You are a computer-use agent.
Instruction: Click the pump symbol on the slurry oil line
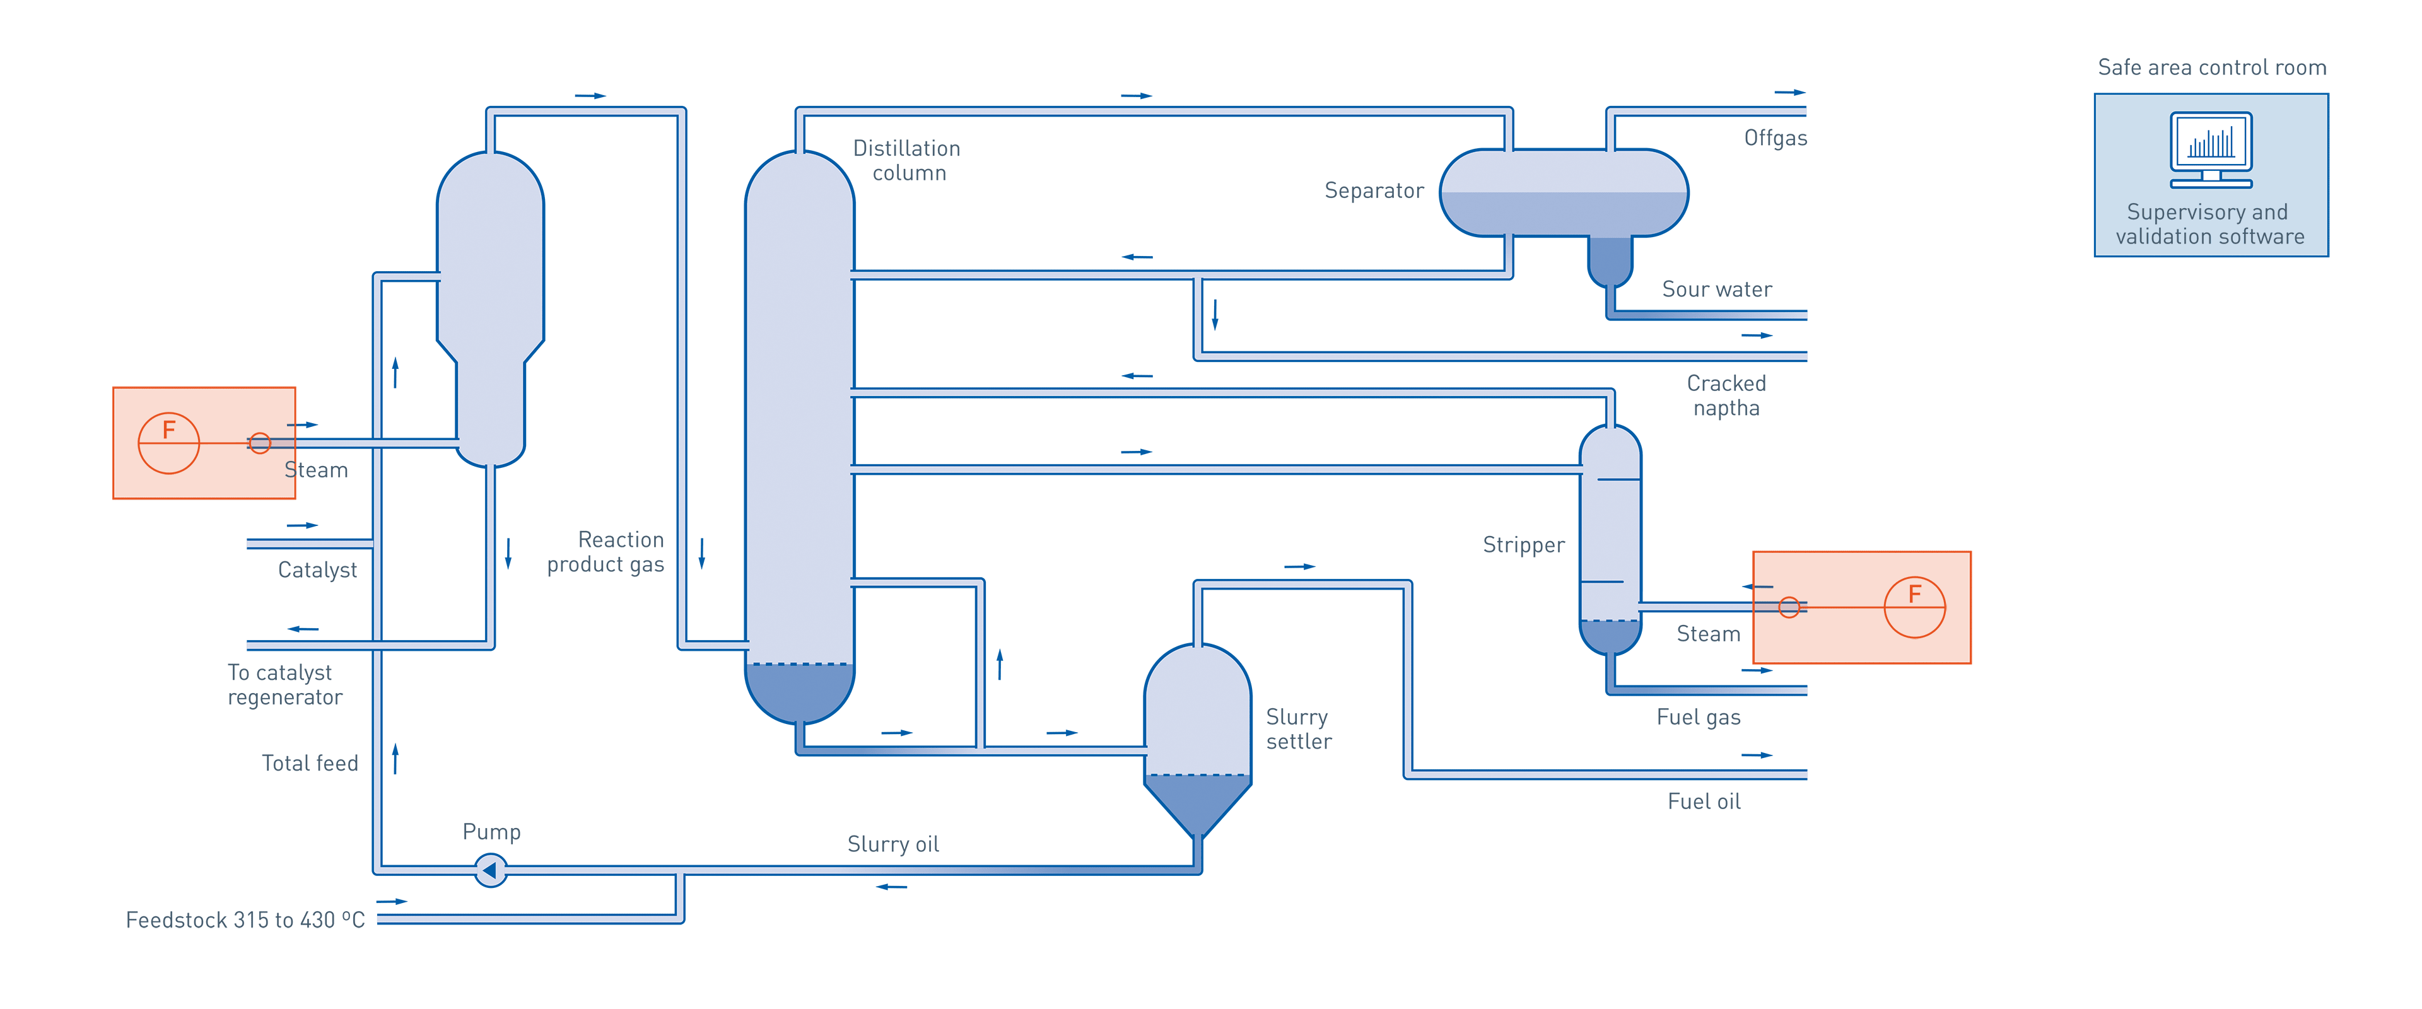(490, 870)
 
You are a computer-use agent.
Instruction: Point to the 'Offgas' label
(1774, 138)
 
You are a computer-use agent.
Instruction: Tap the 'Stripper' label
(1523, 544)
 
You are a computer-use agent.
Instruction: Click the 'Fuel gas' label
(1698, 718)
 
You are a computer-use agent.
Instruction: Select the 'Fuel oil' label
(1703, 801)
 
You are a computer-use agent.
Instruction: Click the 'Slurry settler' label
(1297, 729)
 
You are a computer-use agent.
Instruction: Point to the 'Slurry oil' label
(892, 844)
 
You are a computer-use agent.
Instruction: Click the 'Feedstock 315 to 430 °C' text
(245, 919)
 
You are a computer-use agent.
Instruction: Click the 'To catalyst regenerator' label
(284, 685)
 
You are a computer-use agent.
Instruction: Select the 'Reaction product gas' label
(606, 552)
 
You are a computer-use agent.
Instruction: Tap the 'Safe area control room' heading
(2211, 67)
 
